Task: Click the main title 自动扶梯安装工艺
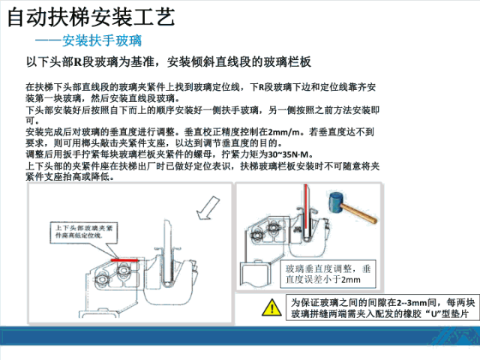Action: point(91,16)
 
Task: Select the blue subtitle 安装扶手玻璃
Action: point(102,40)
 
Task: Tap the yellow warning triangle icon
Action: point(271,307)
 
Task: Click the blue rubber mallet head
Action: point(336,202)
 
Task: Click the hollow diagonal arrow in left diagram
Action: point(208,208)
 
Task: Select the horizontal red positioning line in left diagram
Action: point(124,260)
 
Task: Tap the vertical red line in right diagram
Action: point(305,206)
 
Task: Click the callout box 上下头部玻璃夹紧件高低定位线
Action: point(84,232)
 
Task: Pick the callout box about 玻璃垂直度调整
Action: point(328,274)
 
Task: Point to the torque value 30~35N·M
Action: point(288,154)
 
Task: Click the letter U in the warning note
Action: point(433,314)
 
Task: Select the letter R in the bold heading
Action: point(78,62)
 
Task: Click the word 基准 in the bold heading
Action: point(142,62)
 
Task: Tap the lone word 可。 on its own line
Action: point(32,121)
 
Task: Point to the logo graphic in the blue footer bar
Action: point(454,336)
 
